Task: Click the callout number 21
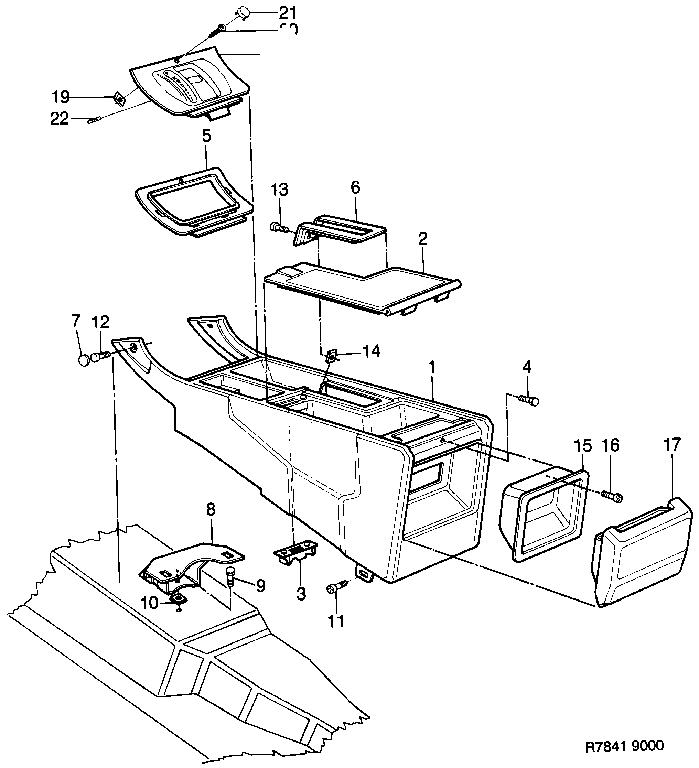click(x=287, y=13)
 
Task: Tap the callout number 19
click(x=61, y=97)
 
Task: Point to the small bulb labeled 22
click(x=94, y=121)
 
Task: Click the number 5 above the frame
click(x=206, y=136)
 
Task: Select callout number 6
click(x=355, y=188)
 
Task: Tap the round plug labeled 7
click(x=84, y=360)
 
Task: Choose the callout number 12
click(x=100, y=322)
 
